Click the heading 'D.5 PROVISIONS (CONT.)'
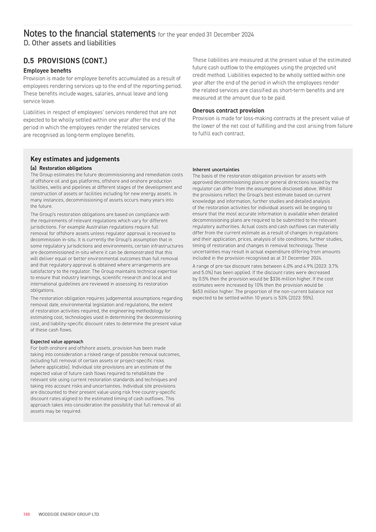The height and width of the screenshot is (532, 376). (65, 60)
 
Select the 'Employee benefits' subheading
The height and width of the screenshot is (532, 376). (47, 71)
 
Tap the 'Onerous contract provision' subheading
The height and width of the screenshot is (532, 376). (228, 110)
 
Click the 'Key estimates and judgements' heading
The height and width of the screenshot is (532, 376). (75, 159)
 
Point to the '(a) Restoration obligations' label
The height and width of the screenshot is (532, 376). (61, 168)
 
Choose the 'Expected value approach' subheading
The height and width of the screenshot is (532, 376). (56, 341)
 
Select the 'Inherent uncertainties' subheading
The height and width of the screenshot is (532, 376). (215, 170)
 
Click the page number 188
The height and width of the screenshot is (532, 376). (27, 514)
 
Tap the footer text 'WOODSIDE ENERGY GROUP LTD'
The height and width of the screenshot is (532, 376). (69, 514)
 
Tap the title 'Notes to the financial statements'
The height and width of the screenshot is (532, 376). (89, 34)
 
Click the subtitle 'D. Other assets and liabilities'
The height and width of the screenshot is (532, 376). (69, 43)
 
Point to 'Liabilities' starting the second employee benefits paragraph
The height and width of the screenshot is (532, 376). (37, 112)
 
